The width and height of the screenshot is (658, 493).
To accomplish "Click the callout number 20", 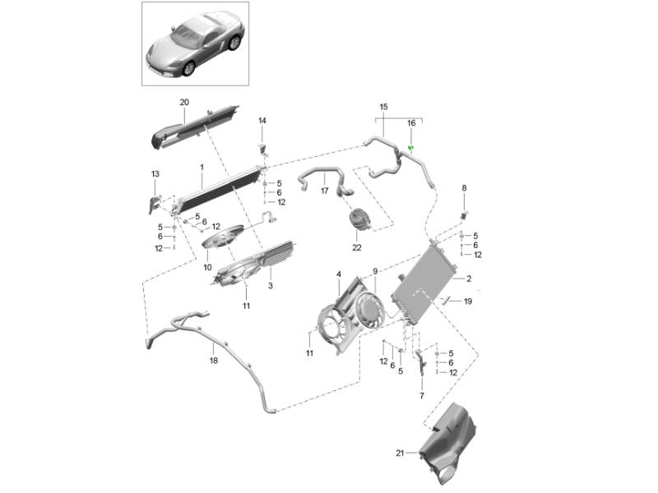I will coord(184,102).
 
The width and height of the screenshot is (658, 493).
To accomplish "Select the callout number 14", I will coord(262,121).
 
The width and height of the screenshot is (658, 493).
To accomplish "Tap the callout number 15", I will coord(383,107).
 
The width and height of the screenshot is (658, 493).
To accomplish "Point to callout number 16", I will coord(411,123).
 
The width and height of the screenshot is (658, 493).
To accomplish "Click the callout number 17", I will coord(325,191).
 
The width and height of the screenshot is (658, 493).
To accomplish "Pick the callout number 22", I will coord(357,246).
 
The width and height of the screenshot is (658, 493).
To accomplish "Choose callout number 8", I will coord(464,188).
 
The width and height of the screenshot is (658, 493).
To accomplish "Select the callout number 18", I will coord(213,360).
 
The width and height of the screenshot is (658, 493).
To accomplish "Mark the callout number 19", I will coord(468,302).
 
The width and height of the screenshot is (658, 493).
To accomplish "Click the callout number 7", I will coord(421,395).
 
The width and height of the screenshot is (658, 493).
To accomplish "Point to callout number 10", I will coord(208,267).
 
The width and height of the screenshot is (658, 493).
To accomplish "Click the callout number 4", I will coord(338,274).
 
